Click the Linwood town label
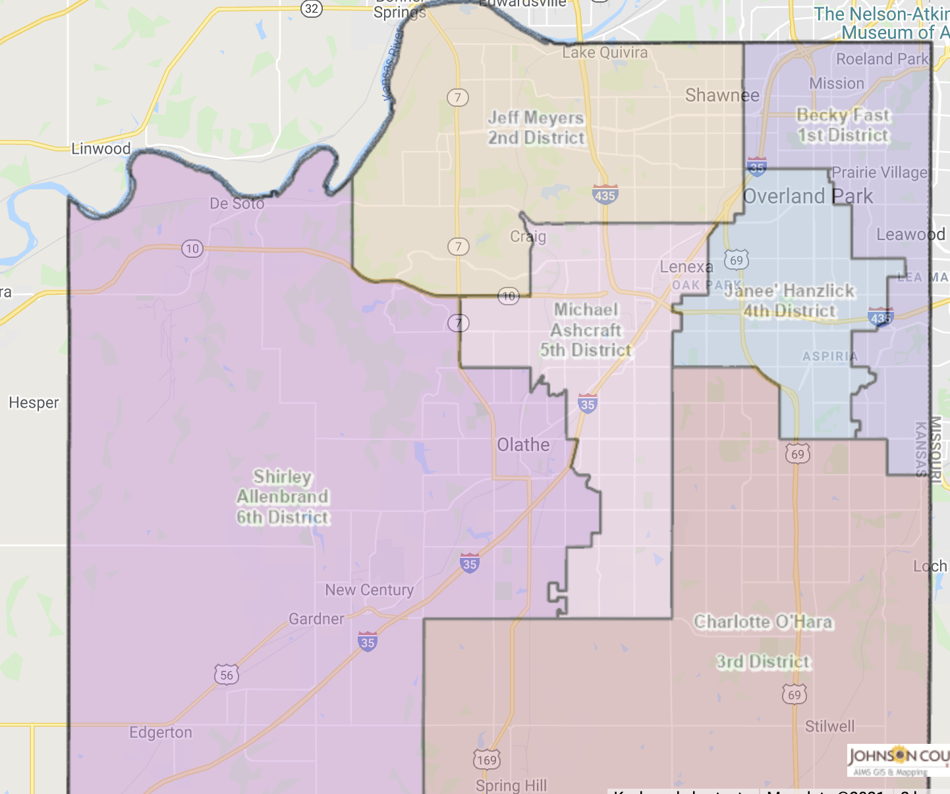101,148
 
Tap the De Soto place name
237,204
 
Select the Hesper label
34,402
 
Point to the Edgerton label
161,733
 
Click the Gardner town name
316,619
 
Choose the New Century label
369,590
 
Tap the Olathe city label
523,445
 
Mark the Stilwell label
829,726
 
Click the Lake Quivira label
605,53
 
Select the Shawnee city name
722,96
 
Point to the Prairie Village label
879,173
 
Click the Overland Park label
808,197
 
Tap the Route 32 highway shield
312,9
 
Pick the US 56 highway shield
227,675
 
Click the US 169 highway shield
487,760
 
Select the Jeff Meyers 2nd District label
536,128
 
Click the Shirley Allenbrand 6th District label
283,497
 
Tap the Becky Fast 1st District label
843,125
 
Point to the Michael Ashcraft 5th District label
586,330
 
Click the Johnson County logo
898,760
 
